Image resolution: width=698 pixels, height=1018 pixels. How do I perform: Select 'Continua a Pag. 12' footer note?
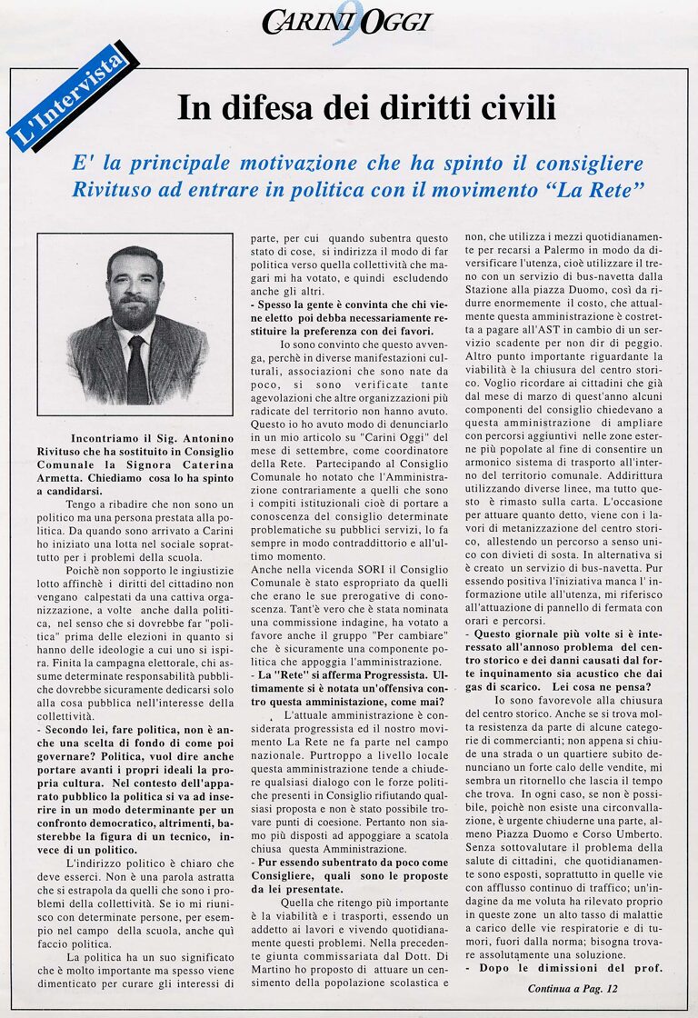(x=573, y=988)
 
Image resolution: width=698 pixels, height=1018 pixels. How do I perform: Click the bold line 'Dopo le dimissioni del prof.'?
(x=564, y=967)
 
